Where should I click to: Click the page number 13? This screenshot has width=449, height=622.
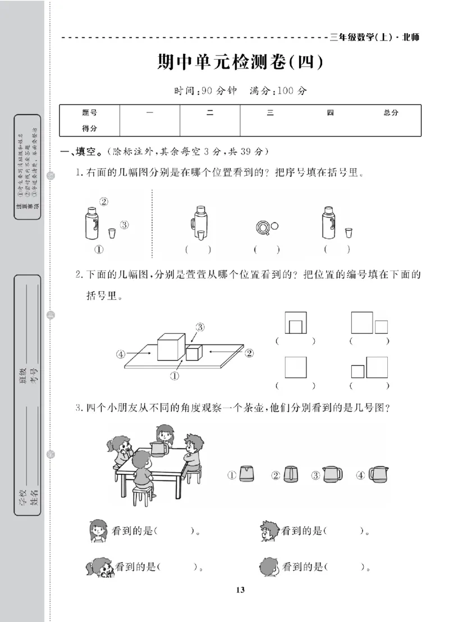240,589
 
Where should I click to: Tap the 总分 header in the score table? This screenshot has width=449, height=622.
391,112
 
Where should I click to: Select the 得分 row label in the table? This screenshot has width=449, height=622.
89,128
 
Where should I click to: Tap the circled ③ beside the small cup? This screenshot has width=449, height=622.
124,225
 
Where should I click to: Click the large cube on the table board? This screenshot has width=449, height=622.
171,347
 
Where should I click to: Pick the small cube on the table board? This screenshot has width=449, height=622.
194,352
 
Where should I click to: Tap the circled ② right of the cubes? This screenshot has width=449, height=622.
249,353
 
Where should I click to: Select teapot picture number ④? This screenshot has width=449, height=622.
379,475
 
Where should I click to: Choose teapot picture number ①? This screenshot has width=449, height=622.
246,475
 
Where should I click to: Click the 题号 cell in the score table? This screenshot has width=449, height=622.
89,112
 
